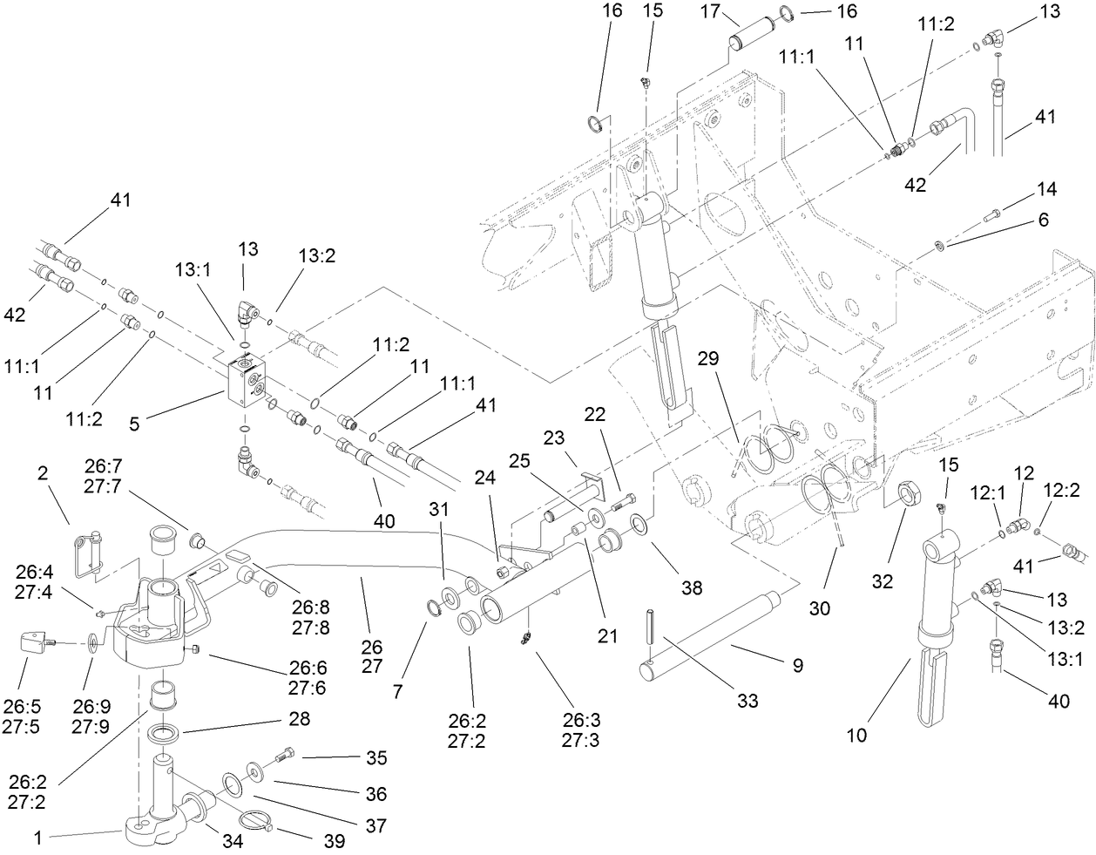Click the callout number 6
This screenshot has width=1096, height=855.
pyautogui.click(x=1043, y=221)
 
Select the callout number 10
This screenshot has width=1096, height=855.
pyautogui.click(x=856, y=734)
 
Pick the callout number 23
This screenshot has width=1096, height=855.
pyautogui.click(x=555, y=438)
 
